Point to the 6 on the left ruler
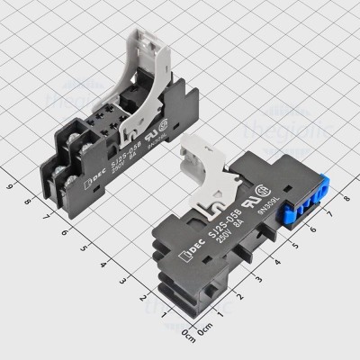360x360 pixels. coord(65,231)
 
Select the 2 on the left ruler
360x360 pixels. coord(141,296)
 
